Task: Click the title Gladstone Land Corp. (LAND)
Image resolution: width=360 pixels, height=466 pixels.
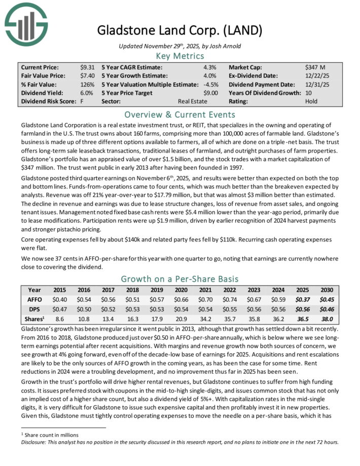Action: pyautogui.click(x=180, y=30)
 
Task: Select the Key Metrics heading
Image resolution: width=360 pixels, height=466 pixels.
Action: pyautogui.click(x=179, y=56)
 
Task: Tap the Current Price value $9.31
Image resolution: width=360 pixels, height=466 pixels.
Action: pyautogui.click(x=87, y=67)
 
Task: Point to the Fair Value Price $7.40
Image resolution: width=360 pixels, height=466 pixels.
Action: pyautogui.click(x=87, y=76)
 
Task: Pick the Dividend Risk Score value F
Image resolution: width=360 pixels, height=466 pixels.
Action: pyautogui.click(x=82, y=101)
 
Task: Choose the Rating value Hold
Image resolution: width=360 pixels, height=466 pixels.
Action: pyautogui.click(x=311, y=101)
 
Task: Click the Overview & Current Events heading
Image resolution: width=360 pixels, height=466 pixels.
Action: pyautogui.click(x=179, y=114)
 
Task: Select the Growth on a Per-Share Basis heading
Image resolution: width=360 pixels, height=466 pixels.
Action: pyautogui.click(x=179, y=278)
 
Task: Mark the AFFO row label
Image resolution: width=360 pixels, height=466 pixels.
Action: pyautogui.click(x=34, y=300)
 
